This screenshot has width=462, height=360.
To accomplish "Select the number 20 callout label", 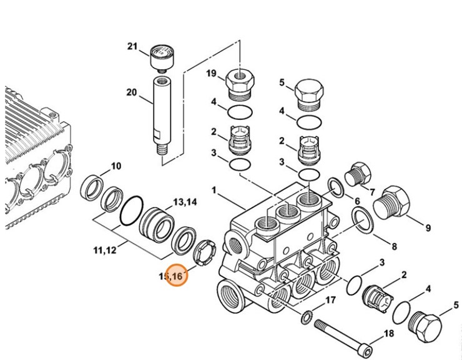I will pyautogui.click(x=131, y=92).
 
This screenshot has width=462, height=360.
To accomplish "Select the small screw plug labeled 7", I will pyautogui.click(x=358, y=173).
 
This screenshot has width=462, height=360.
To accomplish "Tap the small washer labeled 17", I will pyautogui.click(x=307, y=316).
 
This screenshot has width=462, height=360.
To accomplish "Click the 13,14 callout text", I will pyautogui.click(x=185, y=202).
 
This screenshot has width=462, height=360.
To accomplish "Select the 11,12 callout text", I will pyautogui.click(x=105, y=251).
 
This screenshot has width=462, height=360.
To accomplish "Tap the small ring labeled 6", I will pyautogui.click(x=335, y=186).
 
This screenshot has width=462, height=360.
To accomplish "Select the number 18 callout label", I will pyautogui.click(x=388, y=333).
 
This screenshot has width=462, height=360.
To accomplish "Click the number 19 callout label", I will pyautogui.click(x=212, y=74).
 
